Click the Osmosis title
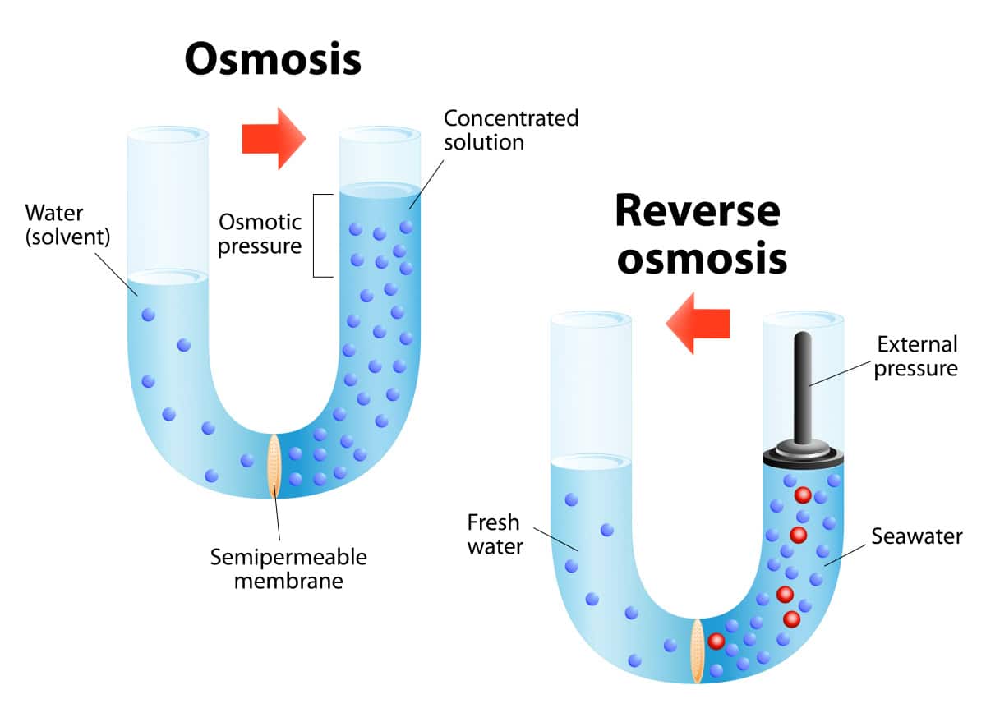coord(272,59)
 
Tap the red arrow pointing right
coord(274,138)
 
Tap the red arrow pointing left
coord(698,323)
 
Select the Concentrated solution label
coord(510,129)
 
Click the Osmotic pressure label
coord(260,233)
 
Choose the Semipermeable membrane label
coord(288,568)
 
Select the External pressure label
coord(915,356)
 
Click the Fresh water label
coord(495,534)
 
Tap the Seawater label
coord(916,536)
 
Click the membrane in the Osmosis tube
coord(275,466)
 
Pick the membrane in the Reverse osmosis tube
coord(697,651)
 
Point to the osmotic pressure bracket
coord(319,235)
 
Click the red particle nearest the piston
coord(803,495)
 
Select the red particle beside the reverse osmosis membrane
coord(716,641)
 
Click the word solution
coord(484,141)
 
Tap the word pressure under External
coord(915,368)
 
